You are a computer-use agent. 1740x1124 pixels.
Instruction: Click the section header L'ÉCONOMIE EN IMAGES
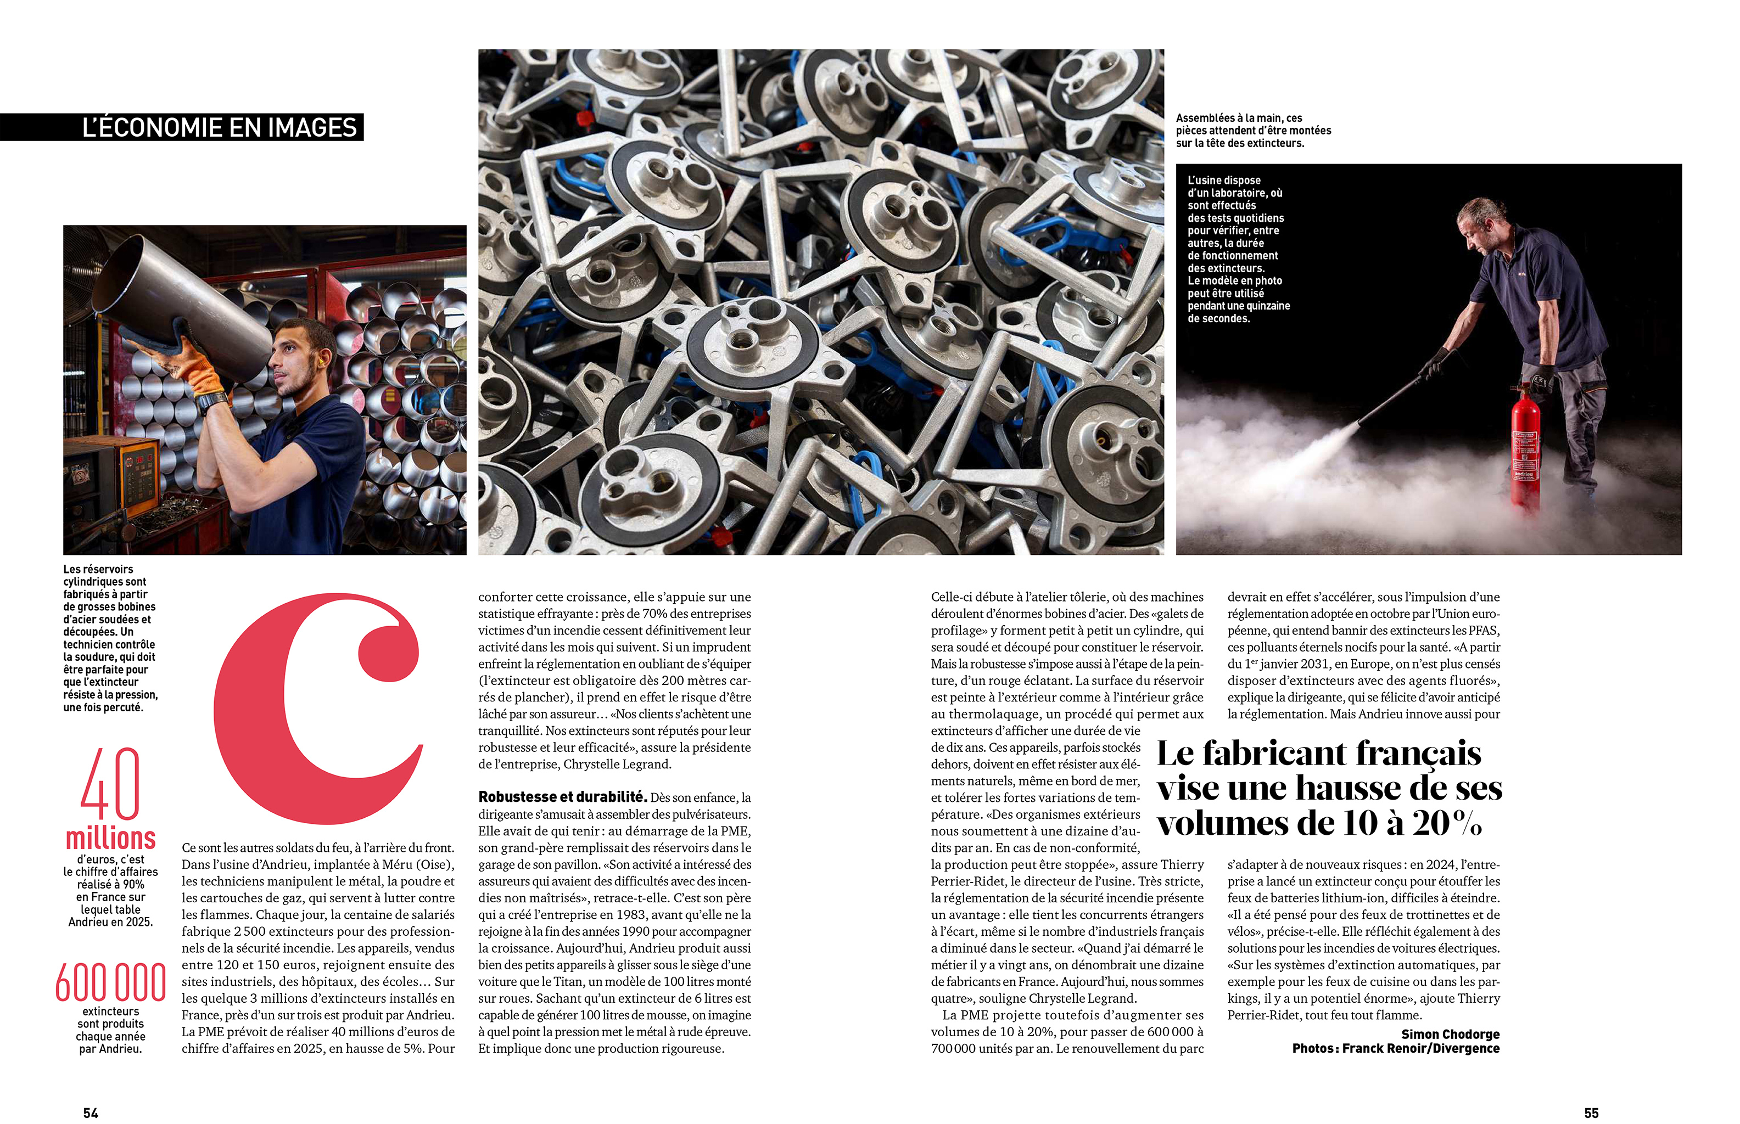pos(219,128)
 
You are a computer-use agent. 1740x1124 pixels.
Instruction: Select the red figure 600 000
pos(111,982)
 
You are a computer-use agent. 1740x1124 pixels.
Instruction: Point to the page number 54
pos(91,1112)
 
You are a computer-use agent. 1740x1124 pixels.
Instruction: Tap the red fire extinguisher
pos(1525,445)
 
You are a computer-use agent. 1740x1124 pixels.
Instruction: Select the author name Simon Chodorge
pos(1450,1033)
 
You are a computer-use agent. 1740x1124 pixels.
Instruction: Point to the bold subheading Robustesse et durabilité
pos(562,797)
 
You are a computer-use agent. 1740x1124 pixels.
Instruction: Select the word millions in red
pos(111,838)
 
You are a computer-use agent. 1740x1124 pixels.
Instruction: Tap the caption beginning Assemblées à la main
pos(1253,131)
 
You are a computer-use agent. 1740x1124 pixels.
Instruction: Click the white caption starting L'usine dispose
pos(1238,249)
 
